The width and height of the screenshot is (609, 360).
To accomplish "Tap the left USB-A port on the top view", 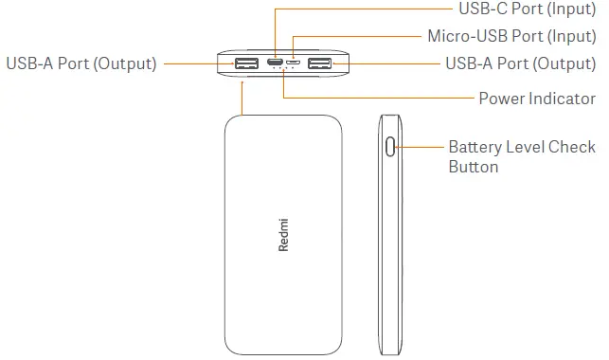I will [246, 64].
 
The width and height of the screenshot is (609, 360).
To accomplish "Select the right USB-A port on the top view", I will [319, 64].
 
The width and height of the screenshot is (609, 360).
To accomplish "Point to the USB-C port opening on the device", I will [275, 64].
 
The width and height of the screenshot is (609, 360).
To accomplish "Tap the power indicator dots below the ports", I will [283, 77].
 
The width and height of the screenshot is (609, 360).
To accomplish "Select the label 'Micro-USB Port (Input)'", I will [511, 37].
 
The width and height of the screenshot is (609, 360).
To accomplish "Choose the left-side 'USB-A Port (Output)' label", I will [81, 64].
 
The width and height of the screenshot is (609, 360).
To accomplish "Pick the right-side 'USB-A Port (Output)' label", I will [520, 64].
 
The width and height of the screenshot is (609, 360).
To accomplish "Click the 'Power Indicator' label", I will [536, 99].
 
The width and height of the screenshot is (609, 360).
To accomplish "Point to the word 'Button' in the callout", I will [473, 167].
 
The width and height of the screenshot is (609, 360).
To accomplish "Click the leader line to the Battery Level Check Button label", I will [421, 148].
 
